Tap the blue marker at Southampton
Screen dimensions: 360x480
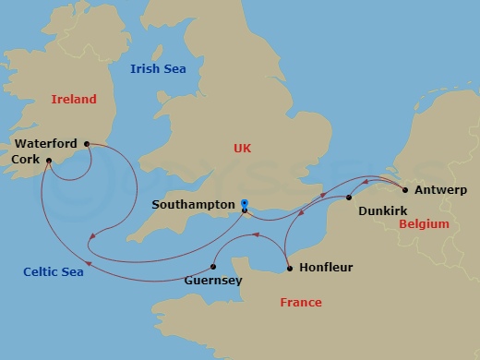pyautogui.click(x=245, y=202)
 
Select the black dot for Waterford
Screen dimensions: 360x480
pyautogui.click(x=87, y=144)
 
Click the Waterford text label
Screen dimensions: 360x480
pyautogui.click(x=46, y=144)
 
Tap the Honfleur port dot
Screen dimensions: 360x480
pyautogui.click(x=290, y=269)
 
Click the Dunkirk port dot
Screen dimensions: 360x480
pyautogui.click(x=349, y=198)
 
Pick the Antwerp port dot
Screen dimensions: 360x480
pyautogui.click(x=406, y=190)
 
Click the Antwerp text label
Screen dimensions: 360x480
pyautogui.click(x=442, y=191)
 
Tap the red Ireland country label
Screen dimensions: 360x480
pyautogui.click(x=74, y=98)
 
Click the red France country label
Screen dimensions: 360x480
pyautogui.click(x=301, y=303)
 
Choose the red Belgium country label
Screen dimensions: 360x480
pyautogui.click(x=425, y=224)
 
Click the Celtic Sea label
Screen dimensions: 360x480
pyautogui.click(x=54, y=271)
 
